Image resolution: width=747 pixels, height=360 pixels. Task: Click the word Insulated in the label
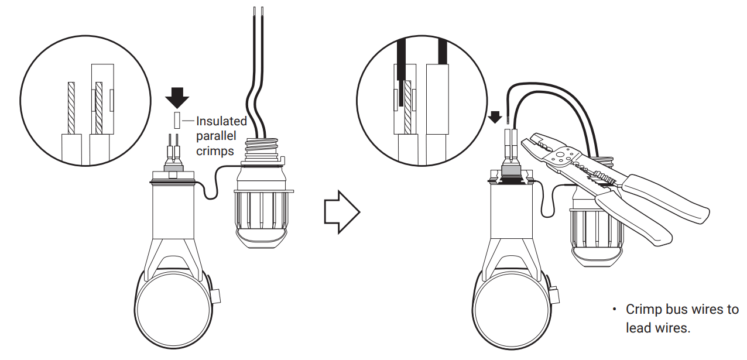pyautogui.click(x=221, y=121)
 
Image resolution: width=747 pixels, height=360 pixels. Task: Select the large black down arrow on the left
pyautogui.click(x=177, y=98)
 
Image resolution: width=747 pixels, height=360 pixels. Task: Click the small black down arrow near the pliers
pyautogui.click(x=495, y=117)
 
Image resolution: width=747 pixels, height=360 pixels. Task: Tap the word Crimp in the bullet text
pyautogui.click(x=643, y=309)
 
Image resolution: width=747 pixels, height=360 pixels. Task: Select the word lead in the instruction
pyautogui.click(x=638, y=328)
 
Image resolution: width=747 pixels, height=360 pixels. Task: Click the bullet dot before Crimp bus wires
pyautogui.click(x=615, y=309)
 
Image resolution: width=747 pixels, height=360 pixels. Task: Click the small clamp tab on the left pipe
pyautogui.click(x=216, y=296)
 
